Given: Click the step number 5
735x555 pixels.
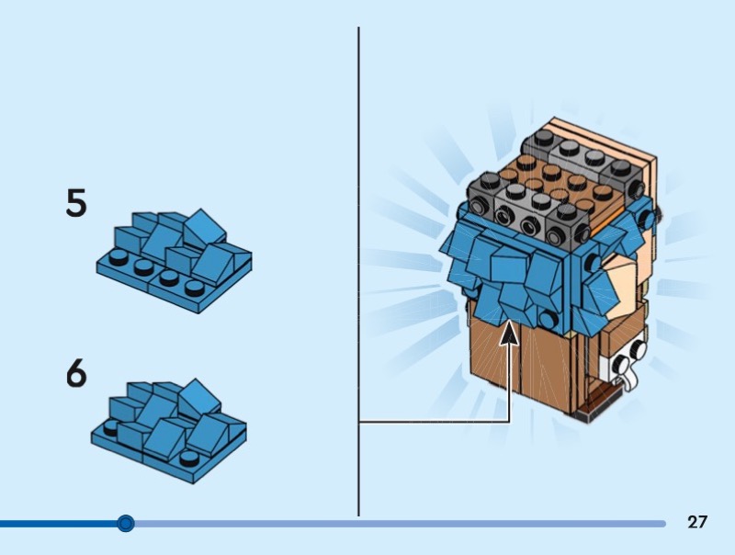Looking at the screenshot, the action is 76,203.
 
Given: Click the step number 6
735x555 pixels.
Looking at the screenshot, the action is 76,373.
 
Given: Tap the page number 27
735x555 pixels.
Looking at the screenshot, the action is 697,522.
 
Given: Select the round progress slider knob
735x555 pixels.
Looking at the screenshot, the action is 125,523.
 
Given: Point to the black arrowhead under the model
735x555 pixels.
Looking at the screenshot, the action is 509,333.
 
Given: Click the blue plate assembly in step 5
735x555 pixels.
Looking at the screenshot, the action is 174,261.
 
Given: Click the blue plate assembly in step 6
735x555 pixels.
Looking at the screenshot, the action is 169,431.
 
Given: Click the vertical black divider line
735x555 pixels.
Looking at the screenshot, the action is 358,271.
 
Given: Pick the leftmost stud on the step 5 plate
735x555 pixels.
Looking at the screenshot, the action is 118,257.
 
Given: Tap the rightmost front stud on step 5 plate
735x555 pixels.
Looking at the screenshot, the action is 195,288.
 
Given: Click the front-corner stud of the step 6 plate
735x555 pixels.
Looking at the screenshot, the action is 189,458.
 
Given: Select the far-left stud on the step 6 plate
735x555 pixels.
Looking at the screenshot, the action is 111,427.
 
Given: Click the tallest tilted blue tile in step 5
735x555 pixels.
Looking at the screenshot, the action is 204,229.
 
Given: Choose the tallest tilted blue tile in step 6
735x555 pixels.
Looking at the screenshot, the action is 199,400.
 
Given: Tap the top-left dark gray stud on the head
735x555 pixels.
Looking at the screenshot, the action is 544,137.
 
